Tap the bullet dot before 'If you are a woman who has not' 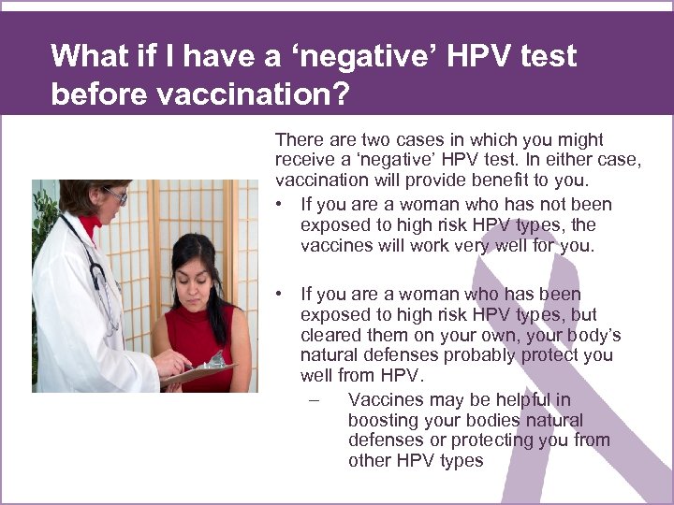coord(281,205)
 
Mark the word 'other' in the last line coord(370,460)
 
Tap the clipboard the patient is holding coord(201,370)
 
